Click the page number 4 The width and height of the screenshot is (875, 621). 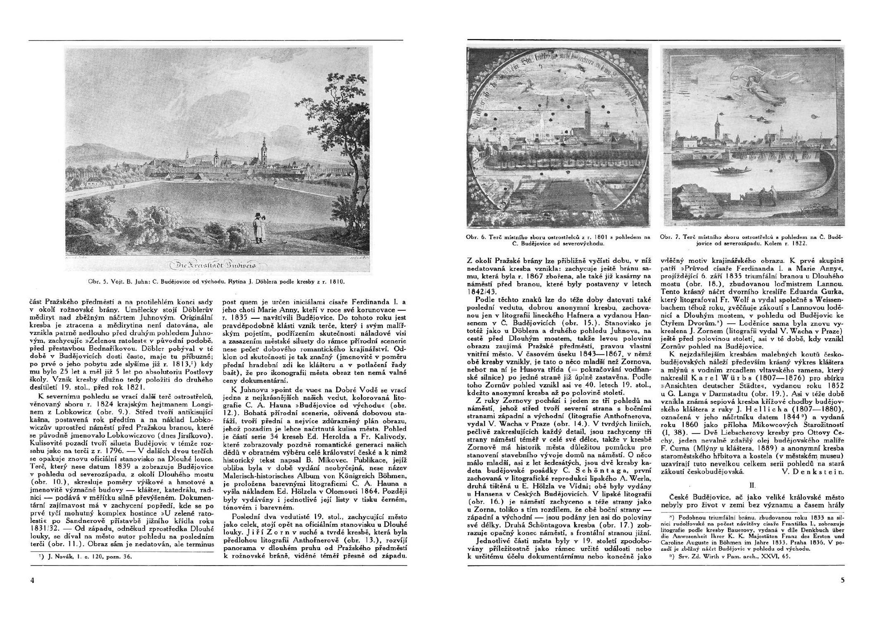[32, 580]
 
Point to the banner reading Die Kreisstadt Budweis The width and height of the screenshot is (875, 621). [218, 265]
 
